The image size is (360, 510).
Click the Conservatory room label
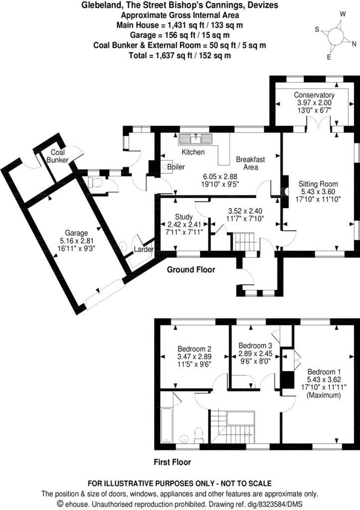[314, 95]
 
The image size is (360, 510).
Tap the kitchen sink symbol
[195, 139]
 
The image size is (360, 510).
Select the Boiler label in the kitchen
[176, 167]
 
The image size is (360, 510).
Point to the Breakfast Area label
[250, 163]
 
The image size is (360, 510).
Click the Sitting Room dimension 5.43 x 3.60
[318, 192]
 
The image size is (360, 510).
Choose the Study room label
[184, 217]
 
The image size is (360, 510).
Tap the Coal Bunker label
[58, 156]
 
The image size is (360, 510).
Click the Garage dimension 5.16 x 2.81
[76, 241]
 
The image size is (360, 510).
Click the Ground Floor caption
[191, 269]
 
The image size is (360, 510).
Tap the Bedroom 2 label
[195, 349]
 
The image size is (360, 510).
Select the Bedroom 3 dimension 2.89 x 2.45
[255, 354]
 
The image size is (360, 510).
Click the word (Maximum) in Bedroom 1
[324, 395]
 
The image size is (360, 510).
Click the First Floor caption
[172, 462]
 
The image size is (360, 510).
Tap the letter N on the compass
[354, 44]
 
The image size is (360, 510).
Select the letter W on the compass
[343, 14]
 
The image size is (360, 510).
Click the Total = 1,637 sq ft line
[180, 56]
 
